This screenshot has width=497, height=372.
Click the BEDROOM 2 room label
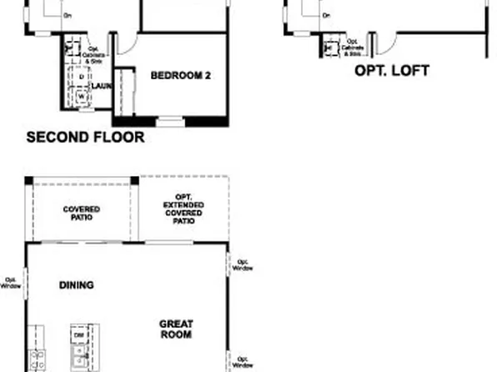[x=180, y=76]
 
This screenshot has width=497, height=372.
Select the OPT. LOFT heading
[x=392, y=71]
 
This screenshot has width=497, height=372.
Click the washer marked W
[x=82, y=95]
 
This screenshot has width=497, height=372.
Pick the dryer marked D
[x=82, y=77]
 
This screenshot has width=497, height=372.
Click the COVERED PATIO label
[x=82, y=213]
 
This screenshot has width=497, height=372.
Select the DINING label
[x=76, y=285]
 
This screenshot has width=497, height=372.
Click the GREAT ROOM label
[x=175, y=329]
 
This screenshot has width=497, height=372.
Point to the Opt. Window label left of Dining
[x=12, y=283]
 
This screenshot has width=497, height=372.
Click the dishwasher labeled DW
[x=78, y=334]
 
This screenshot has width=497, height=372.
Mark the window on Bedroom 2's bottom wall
[x=170, y=123]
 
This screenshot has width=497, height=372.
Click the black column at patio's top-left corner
[x=28, y=180]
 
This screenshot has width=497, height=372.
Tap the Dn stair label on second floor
[x=68, y=16]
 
